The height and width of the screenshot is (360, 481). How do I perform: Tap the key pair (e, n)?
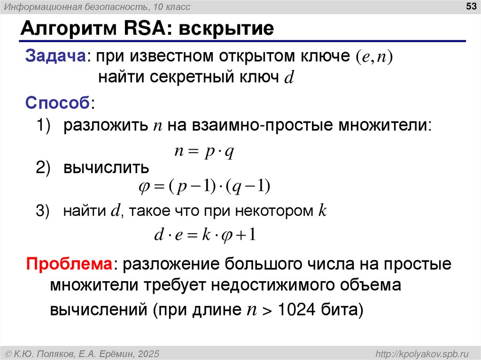point(373,56)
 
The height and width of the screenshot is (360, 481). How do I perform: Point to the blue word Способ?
point(58,102)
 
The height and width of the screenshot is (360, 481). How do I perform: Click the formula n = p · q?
point(204,152)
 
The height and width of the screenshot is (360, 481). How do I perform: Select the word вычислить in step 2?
point(107,168)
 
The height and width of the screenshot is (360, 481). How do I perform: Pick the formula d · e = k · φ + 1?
point(205,234)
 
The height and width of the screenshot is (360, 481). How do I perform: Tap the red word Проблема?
point(69,264)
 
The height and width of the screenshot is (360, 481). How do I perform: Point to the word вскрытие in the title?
point(226,29)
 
